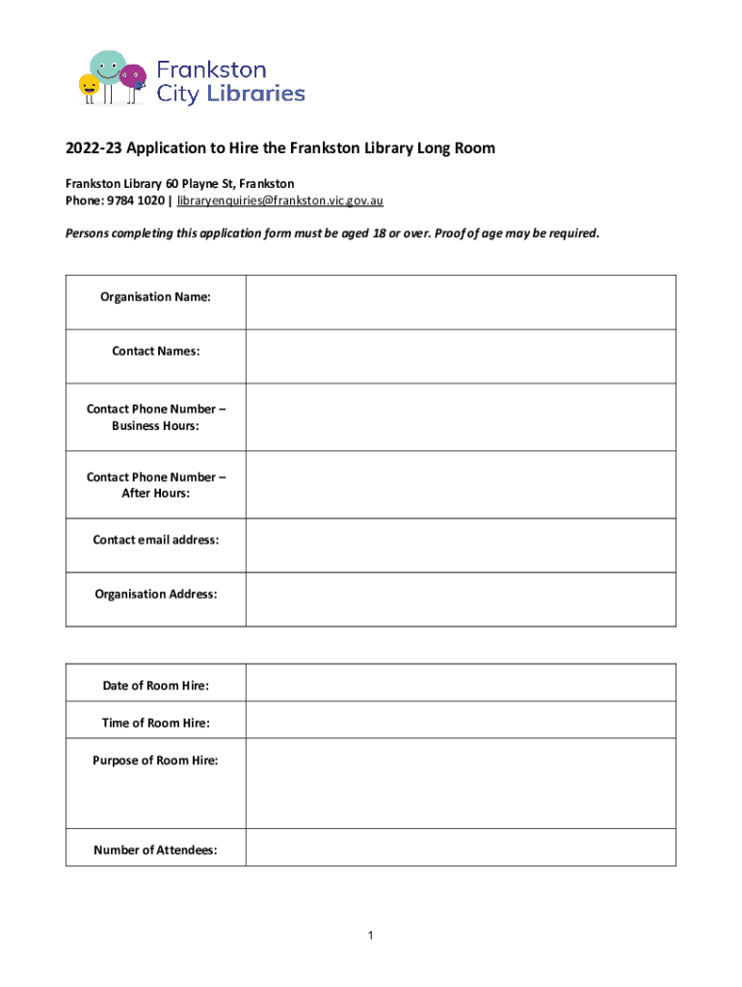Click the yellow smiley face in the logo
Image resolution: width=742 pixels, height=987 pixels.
point(90,86)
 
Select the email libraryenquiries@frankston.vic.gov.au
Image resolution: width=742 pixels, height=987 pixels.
point(280,200)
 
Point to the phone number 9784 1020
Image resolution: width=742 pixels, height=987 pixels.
point(135,200)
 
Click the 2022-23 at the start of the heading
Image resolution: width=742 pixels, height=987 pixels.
point(93,148)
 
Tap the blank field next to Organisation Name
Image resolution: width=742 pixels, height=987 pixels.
point(460,303)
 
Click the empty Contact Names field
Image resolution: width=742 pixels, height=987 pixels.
point(460,357)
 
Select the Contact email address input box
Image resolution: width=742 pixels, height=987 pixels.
point(460,546)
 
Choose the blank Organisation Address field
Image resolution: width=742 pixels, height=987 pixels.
point(460,600)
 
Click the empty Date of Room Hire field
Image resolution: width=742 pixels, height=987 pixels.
point(460,682)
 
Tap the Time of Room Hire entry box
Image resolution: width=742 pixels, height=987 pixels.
point(460,720)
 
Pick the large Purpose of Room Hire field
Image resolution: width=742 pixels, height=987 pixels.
point(460,784)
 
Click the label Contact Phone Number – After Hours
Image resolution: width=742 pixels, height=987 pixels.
point(156,485)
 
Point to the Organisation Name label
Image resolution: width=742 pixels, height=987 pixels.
point(156,297)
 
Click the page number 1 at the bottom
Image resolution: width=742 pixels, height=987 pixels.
point(371,936)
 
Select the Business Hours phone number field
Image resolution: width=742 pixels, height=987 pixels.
point(460,417)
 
